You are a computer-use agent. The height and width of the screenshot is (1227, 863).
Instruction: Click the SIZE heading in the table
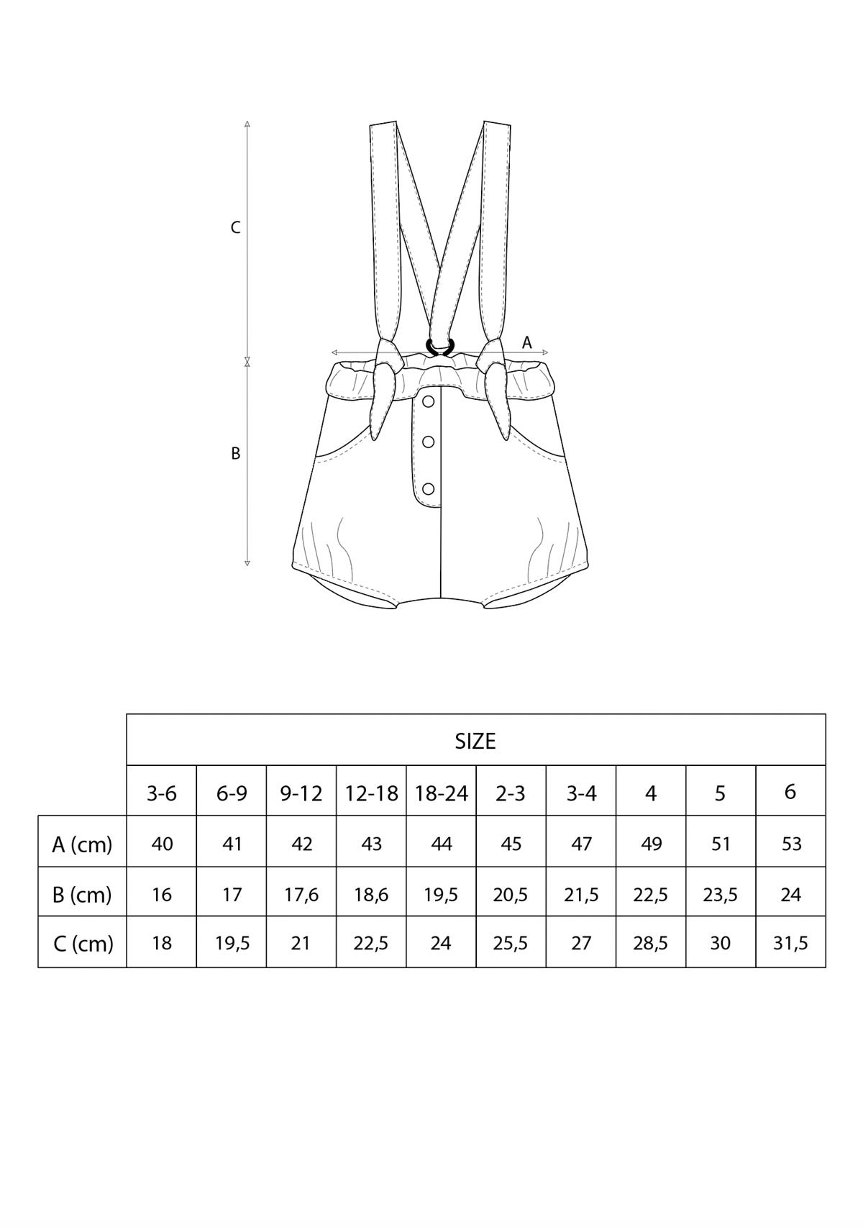pos(475,741)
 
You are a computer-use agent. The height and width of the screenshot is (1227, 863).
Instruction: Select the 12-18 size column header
pos(371,793)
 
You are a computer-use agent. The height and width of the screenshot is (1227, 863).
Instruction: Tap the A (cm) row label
pos(82,844)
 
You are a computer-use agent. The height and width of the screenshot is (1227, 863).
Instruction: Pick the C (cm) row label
pos(83,943)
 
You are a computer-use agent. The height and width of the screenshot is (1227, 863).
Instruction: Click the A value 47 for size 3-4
pos(581,844)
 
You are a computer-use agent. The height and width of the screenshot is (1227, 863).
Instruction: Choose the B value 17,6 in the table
pos(302,895)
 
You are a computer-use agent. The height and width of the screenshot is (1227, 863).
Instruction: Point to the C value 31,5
pos(790,943)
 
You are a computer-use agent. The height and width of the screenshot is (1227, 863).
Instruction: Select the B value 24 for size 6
pos(790,895)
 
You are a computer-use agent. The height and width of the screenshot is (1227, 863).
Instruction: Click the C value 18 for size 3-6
pos(162,943)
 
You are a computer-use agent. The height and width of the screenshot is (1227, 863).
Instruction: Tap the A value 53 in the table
pos(790,844)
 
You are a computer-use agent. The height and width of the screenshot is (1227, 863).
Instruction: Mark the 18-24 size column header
pos(442,793)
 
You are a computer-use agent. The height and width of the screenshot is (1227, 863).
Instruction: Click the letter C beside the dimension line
pos(235,228)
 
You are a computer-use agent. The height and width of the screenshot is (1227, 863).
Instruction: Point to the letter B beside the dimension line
pos(235,454)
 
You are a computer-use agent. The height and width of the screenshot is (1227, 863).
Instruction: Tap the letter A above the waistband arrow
pos(526,342)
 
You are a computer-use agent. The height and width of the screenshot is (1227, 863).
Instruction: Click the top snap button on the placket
pos(429,402)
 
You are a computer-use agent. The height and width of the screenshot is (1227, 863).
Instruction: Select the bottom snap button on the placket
pos(429,488)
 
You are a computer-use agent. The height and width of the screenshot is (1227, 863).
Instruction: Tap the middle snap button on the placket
pos(429,442)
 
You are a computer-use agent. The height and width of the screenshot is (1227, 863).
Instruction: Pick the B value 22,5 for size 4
pos(651,895)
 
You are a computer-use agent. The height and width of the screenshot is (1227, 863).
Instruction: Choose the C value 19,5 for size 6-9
pos(232,943)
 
